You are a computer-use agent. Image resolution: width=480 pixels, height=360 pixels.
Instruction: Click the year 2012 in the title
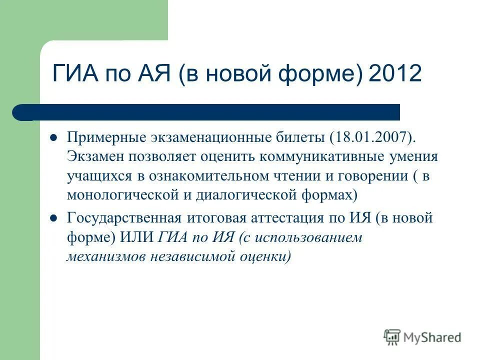[x=395, y=73]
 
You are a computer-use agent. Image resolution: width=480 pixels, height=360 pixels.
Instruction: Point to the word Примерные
[x=103, y=137]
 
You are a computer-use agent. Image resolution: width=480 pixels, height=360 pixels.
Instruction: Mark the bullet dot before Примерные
[x=54, y=137]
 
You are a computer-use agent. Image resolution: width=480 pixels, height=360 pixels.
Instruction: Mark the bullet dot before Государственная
[x=54, y=218]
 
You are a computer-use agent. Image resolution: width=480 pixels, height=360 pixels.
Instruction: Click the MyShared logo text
[x=432, y=337]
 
